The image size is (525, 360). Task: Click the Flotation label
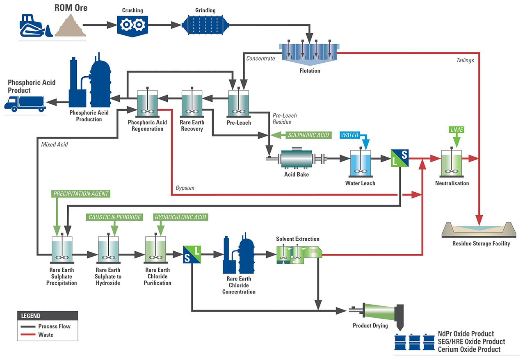pyautogui.click(x=310, y=71)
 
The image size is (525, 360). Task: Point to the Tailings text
pyautogui.click(x=465, y=60)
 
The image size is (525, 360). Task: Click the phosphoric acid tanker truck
pyautogui.click(x=25, y=103)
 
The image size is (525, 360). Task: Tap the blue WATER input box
pyautogui.click(x=349, y=135)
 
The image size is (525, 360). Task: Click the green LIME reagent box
pyautogui.click(x=457, y=130)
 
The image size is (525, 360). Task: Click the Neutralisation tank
pyautogui.click(x=452, y=164)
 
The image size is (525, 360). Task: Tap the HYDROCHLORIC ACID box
pyautogui.click(x=180, y=217)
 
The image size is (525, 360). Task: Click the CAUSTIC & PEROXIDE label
pyautogui.click(x=114, y=217)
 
